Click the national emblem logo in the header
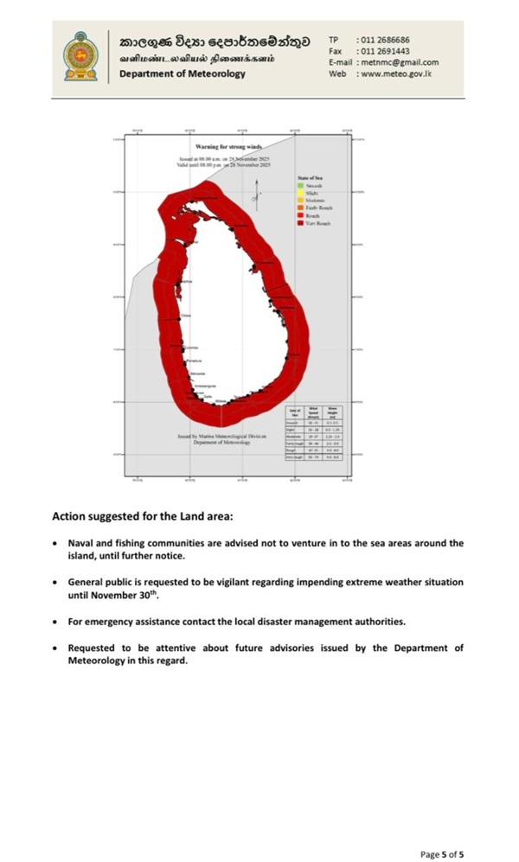pyautogui.click(x=82, y=57)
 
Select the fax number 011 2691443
pyautogui.click(x=383, y=51)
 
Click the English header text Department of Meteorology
pyautogui.click(x=183, y=73)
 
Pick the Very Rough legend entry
pyautogui.click(x=317, y=223)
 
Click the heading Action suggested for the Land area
pyautogui.click(x=142, y=516)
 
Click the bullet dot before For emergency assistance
pyautogui.click(x=55, y=622)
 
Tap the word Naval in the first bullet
pyautogui.click(x=80, y=543)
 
